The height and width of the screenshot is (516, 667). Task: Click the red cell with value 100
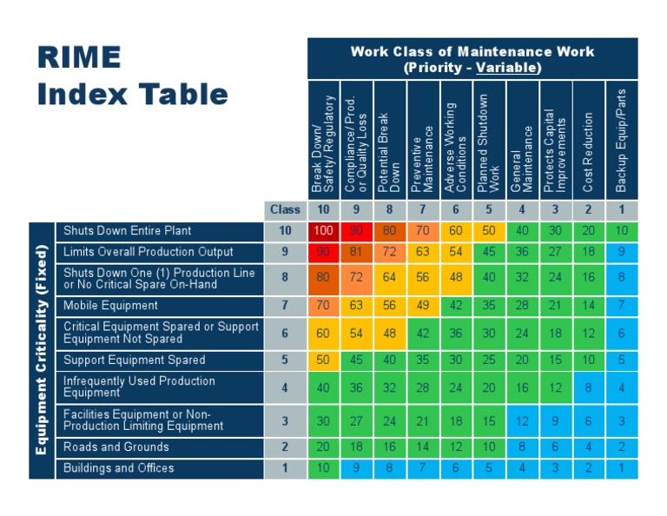(x=324, y=231)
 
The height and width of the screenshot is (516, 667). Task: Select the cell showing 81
(x=357, y=252)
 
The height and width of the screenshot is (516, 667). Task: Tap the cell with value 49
(x=423, y=306)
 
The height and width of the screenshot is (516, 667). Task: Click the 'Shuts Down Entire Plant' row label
(x=128, y=231)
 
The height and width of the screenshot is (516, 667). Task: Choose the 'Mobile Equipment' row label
(x=111, y=306)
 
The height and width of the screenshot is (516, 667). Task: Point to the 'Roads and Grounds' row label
(x=116, y=447)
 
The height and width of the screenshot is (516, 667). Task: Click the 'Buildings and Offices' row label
(x=119, y=468)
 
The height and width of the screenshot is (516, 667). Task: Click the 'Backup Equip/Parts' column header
(x=621, y=141)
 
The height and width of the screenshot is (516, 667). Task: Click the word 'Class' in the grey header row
(x=285, y=209)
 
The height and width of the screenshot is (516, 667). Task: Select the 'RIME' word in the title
(x=79, y=57)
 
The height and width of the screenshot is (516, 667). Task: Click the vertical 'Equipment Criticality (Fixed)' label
(x=41, y=350)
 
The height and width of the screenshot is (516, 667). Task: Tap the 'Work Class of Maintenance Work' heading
(x=472, y=51)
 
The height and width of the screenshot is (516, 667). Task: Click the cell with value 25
(x=489, y=360)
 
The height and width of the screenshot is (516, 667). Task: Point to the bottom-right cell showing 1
(x=621, y=468)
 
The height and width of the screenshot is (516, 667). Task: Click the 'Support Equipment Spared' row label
(x=135, y=360)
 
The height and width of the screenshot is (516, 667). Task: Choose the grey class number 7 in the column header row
(x=423, y=209)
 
